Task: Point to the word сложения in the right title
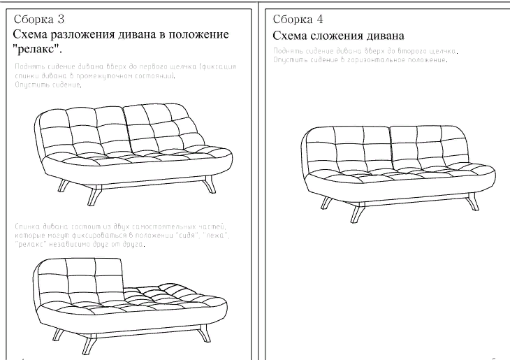point(332,35)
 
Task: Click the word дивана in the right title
point(385,35)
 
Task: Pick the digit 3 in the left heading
point(65,19)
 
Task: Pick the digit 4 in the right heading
point(319,19)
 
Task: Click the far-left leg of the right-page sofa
point(325,203)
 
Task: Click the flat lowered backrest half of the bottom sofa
point(168,290)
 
